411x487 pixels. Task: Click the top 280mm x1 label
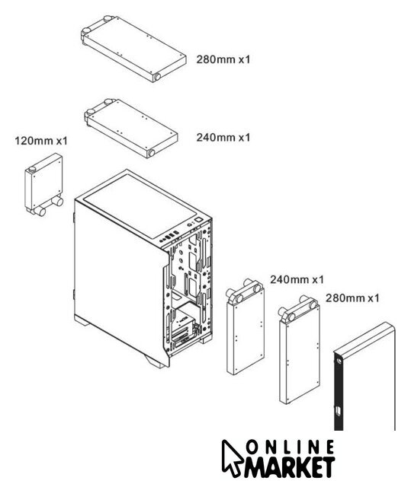[x=223, y=59]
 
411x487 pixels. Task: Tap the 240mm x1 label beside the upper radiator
[x=223, y=137]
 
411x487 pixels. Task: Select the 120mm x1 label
[x=41, y=141]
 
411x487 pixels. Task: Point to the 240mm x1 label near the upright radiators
[x=297, y=279]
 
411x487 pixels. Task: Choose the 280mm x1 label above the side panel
[x=352, y=298]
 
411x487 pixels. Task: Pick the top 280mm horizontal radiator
[x=133, y=49]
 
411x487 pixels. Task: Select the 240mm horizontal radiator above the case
[x=130, y=129]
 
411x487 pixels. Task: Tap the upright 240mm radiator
[x=246, y=326]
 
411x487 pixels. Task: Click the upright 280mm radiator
[x=300, y=350]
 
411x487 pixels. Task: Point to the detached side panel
[x=364, y=377]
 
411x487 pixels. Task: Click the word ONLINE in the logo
[x=290, y=447]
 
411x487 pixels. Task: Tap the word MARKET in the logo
[x=289, y=466]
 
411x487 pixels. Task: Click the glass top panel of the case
[x=140, y=205]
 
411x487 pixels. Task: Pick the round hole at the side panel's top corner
[x=339, y=361]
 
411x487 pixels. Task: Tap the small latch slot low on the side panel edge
[x=339, y=412]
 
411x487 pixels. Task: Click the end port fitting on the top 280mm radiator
[x=157, y=77]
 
